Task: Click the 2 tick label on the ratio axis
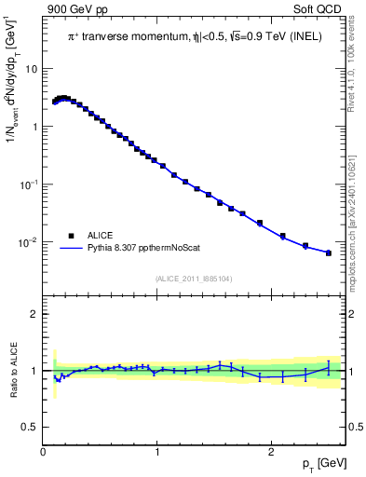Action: pos(34,314)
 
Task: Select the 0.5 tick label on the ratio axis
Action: pos(30,427)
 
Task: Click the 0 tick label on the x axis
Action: pos(43,451)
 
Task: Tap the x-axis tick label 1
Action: pos(157,451)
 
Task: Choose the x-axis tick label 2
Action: pos(271,451)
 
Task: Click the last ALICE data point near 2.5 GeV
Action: pos(328,252)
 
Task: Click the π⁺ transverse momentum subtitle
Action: pos(196,36)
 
